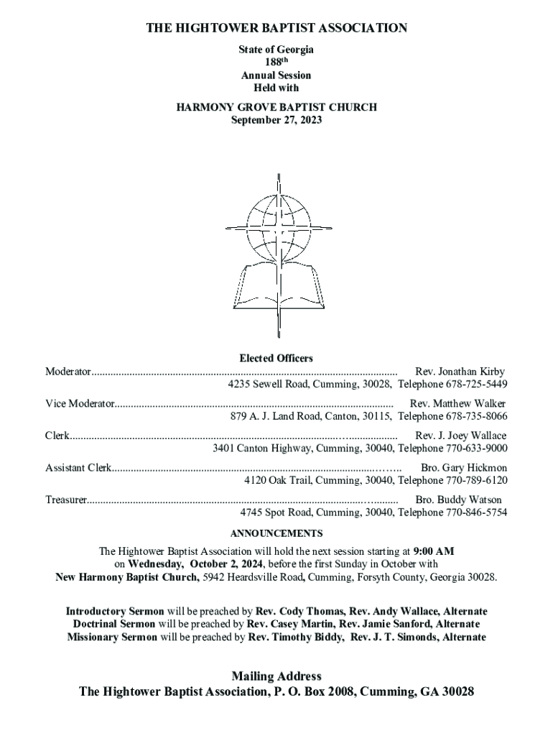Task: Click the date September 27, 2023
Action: pyautogui.click(x=276, y=120)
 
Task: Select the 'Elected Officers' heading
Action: pyautogui.click(x=276, y=358)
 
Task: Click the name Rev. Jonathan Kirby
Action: pyautogui.click(x=460, y=372)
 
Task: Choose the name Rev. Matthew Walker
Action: pyautogui.click(x=457, y=404)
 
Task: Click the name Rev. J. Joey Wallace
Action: pyautogui.click(x=460, y=436)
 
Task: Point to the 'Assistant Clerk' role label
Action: pyautogui.click(x=78, y=467)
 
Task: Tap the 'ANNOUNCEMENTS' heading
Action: pyautogui.click(x=276, y=533)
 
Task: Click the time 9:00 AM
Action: pyautogui.click(x=434, y=551)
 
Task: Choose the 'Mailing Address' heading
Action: pyautogui.click(x=276, y=676)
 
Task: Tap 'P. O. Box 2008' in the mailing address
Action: pyautogui.click(x=312, y=692)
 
